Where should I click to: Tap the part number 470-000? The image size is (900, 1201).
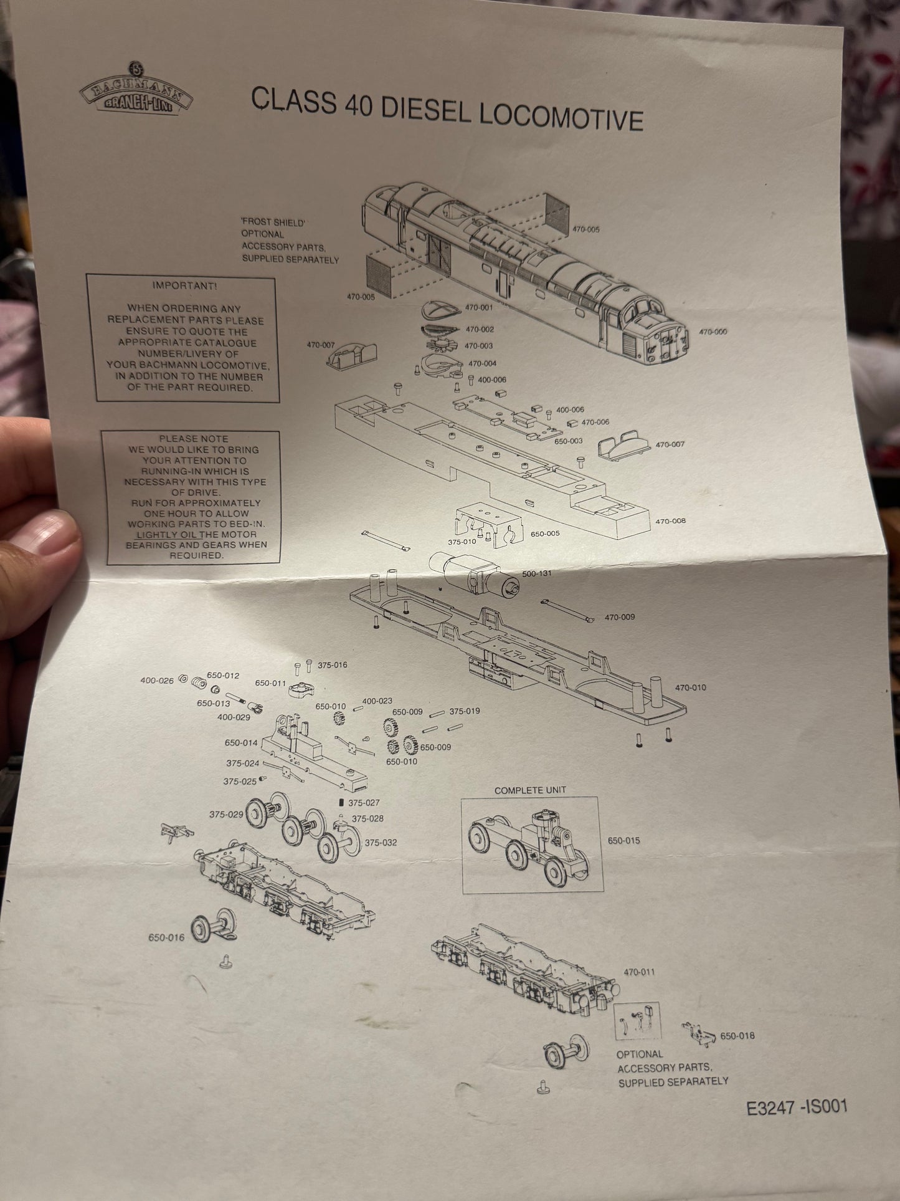(x=713, y=332)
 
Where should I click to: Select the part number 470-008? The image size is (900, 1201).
(x=671, y=521)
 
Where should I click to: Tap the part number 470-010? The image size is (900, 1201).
(x=691, y=687)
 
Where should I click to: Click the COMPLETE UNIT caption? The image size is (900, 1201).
(x=530, y=790)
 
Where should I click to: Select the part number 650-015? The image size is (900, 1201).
(x=623, y=841)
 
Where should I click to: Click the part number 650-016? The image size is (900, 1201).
(x=166, y=937)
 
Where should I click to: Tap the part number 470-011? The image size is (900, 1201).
(x=639, y=972)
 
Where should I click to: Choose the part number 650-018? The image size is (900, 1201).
(x=737, y=1036)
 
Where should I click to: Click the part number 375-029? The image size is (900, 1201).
(x=225, y=815)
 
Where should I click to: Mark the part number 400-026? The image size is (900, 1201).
(x=157, y=681)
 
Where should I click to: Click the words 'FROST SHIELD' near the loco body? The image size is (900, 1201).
(x=275, y=222)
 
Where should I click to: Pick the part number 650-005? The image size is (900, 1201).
(x=545, y=534)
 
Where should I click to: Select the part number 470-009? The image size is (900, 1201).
(x=620, y=618)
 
